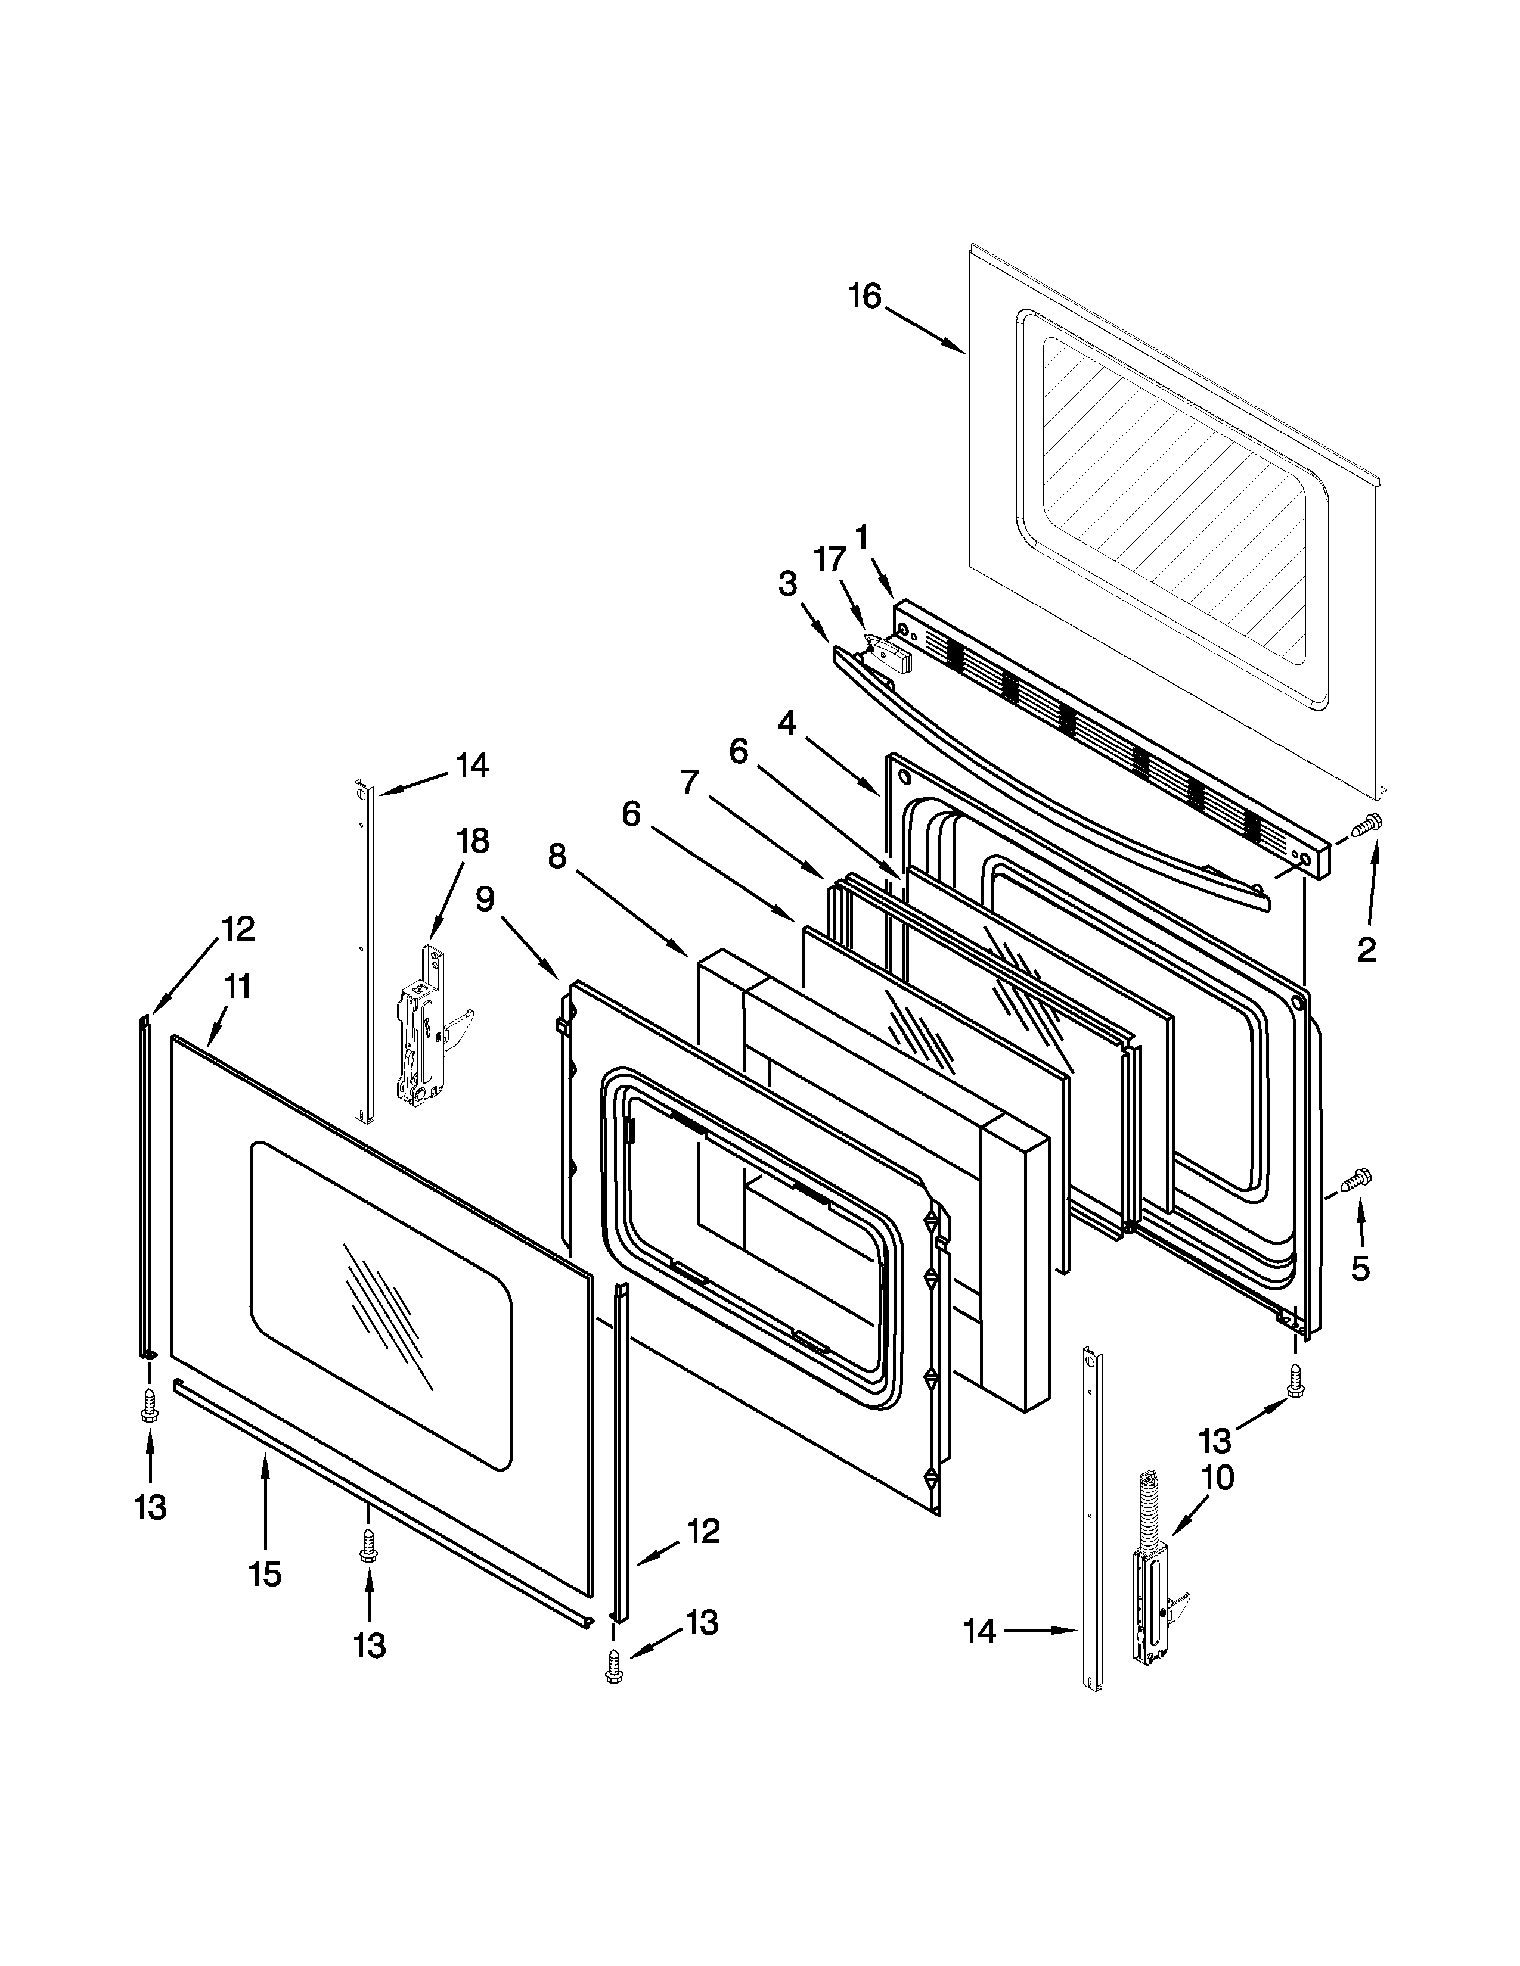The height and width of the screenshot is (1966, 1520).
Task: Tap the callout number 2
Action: [1366, 949]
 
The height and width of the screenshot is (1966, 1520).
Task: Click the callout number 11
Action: [237, 987]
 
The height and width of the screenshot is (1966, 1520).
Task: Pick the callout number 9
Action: [485, 898]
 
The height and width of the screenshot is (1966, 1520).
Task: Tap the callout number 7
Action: [689, 782]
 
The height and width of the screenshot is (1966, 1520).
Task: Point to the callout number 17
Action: [830, 559]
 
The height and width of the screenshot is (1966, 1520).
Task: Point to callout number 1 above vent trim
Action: [862, 537]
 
